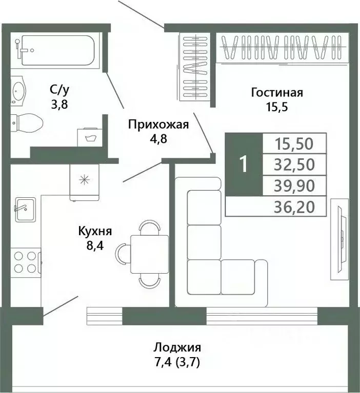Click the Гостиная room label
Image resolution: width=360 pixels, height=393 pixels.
277,93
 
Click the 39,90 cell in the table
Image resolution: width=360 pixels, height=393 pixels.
294,185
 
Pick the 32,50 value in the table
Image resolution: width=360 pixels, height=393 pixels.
294,164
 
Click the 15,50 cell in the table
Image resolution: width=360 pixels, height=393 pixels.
294,143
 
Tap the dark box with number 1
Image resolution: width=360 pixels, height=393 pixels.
244,164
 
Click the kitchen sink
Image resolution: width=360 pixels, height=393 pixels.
25,209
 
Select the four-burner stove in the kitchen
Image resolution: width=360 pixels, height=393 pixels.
25,261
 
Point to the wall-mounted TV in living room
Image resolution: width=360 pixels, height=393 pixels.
339,239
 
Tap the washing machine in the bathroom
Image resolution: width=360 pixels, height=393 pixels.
90,137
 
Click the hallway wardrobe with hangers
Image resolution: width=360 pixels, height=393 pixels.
194,67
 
